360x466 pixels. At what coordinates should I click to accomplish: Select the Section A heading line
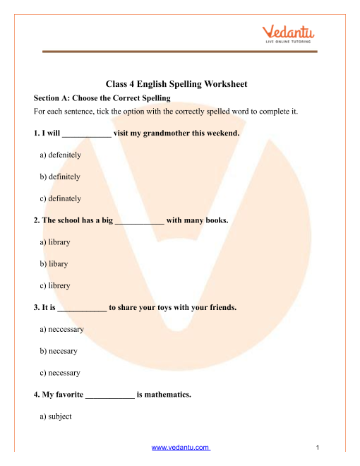coord(102,98)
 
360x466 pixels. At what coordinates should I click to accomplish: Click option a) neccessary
coord(63,329)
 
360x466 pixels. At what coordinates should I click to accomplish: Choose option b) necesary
coord(59,351)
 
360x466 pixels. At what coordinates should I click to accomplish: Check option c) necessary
coord(61,373)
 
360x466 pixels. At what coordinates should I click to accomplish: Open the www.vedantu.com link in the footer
coord(181,448)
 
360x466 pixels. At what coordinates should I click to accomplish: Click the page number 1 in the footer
coord(319,448)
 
